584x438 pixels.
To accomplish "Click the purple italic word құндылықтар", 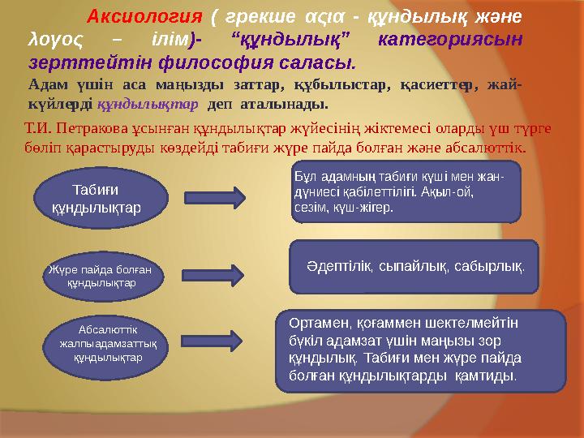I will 147,105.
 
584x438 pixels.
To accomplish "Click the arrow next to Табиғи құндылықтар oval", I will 216,197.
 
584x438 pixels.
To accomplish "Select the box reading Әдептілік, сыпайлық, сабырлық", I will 414,266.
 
